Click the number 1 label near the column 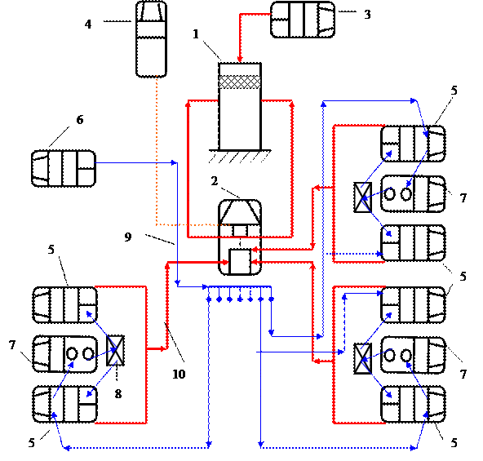click(x=196, y=34)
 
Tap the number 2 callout click(x=215, y=181)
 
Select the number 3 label click(x=367, y=15)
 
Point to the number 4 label click(x=88, y=24)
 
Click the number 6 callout click(x=80, y=120)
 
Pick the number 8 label click(x=118, y=394)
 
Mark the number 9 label click(x=128, y=237)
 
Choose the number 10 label click(x=179, y=374)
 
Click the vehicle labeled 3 click(x=303, y=20)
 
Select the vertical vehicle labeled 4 click(x=151, y=39)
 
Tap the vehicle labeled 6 click(x=64, y=169)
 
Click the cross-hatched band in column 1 click(x=240, y=82)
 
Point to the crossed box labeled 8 click(x=116, y=350)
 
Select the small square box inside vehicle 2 click(x=240, y=261)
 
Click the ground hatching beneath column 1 click(x=240, y=157)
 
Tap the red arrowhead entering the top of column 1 click(x=240, y=59)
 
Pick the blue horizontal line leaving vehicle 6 click(x=135, y=162)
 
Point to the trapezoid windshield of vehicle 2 click(x=240, y=212)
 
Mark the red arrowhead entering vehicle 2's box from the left click(x=226, y=263)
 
